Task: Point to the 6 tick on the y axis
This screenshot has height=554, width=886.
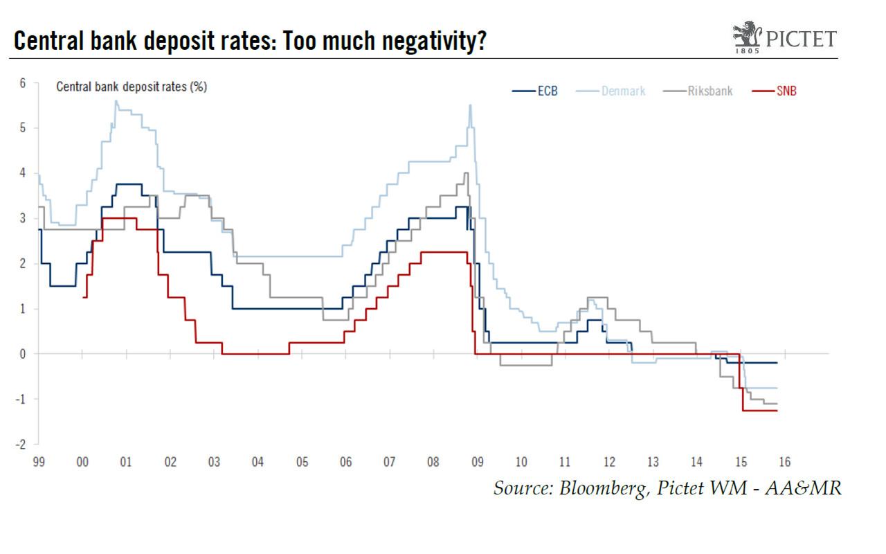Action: pos(22,83)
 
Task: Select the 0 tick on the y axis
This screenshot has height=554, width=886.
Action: pos(22,354)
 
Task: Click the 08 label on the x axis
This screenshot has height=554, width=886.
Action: pos(433,462)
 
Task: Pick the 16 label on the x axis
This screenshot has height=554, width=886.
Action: pos(784,462)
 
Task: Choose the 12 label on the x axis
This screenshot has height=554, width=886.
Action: pos(609,462)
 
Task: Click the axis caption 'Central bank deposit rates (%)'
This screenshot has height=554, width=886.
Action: pos(132,87)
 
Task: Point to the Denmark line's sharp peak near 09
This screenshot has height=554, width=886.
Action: pos(471,105)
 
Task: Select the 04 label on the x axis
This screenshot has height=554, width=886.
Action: pos(257,462)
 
